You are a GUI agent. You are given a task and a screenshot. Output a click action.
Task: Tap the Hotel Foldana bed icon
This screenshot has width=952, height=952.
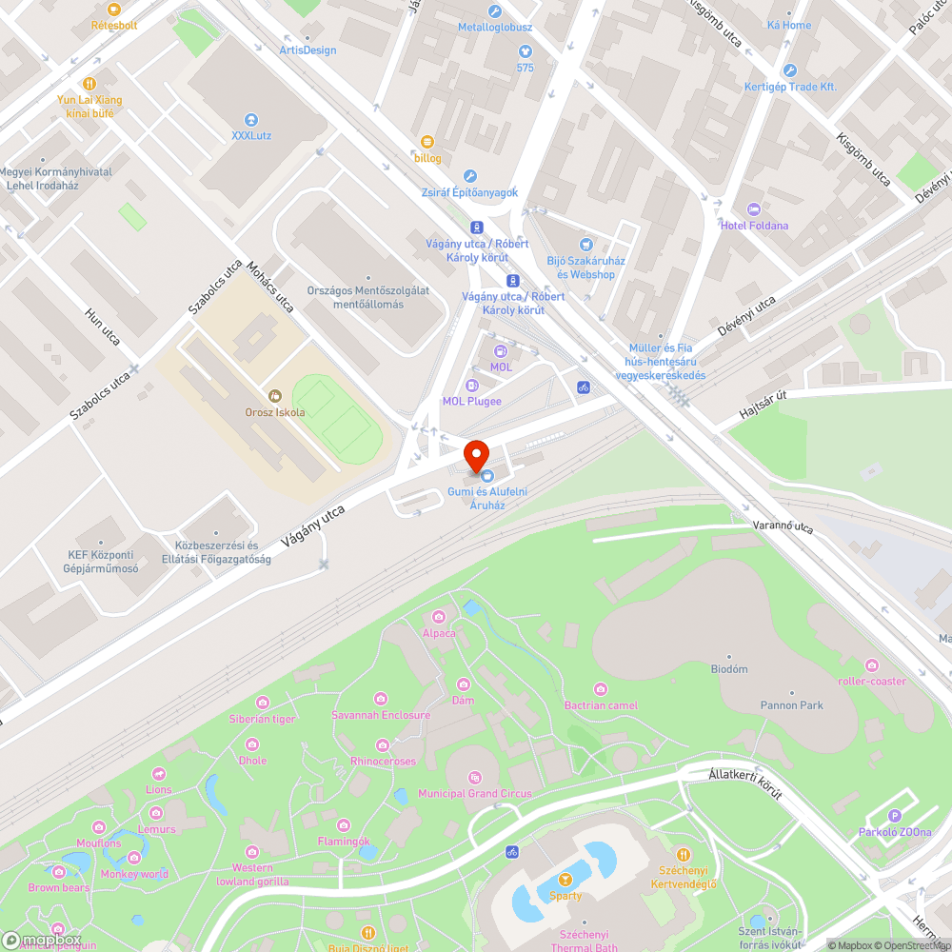[754, 209]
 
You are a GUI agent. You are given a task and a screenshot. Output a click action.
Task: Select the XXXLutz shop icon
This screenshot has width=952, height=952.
[251, 120]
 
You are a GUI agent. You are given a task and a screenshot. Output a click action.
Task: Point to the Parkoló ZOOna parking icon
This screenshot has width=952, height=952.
[894, 816]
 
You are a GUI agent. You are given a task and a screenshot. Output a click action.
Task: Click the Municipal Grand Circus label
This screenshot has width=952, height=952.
[475, 793]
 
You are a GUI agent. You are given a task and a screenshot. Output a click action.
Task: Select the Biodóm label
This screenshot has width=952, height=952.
[729, 669]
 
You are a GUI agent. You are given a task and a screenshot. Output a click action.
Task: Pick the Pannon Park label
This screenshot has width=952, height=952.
[791, 705]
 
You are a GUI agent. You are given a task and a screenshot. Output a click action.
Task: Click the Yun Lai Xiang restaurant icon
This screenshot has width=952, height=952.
[89, 84]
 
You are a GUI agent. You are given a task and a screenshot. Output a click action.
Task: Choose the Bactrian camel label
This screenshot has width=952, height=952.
[601, 705]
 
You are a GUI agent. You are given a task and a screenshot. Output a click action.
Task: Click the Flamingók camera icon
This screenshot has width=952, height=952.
[344, 825]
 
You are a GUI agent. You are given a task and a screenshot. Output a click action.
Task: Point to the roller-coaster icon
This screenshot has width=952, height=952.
[871, 664]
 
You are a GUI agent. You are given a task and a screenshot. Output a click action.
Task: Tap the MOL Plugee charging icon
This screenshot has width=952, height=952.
[470, 386]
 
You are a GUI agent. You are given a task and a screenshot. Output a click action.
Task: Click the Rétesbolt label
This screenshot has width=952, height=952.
[114, 25]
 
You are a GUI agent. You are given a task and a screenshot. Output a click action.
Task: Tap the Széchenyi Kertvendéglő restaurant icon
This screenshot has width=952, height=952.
[682, 855]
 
